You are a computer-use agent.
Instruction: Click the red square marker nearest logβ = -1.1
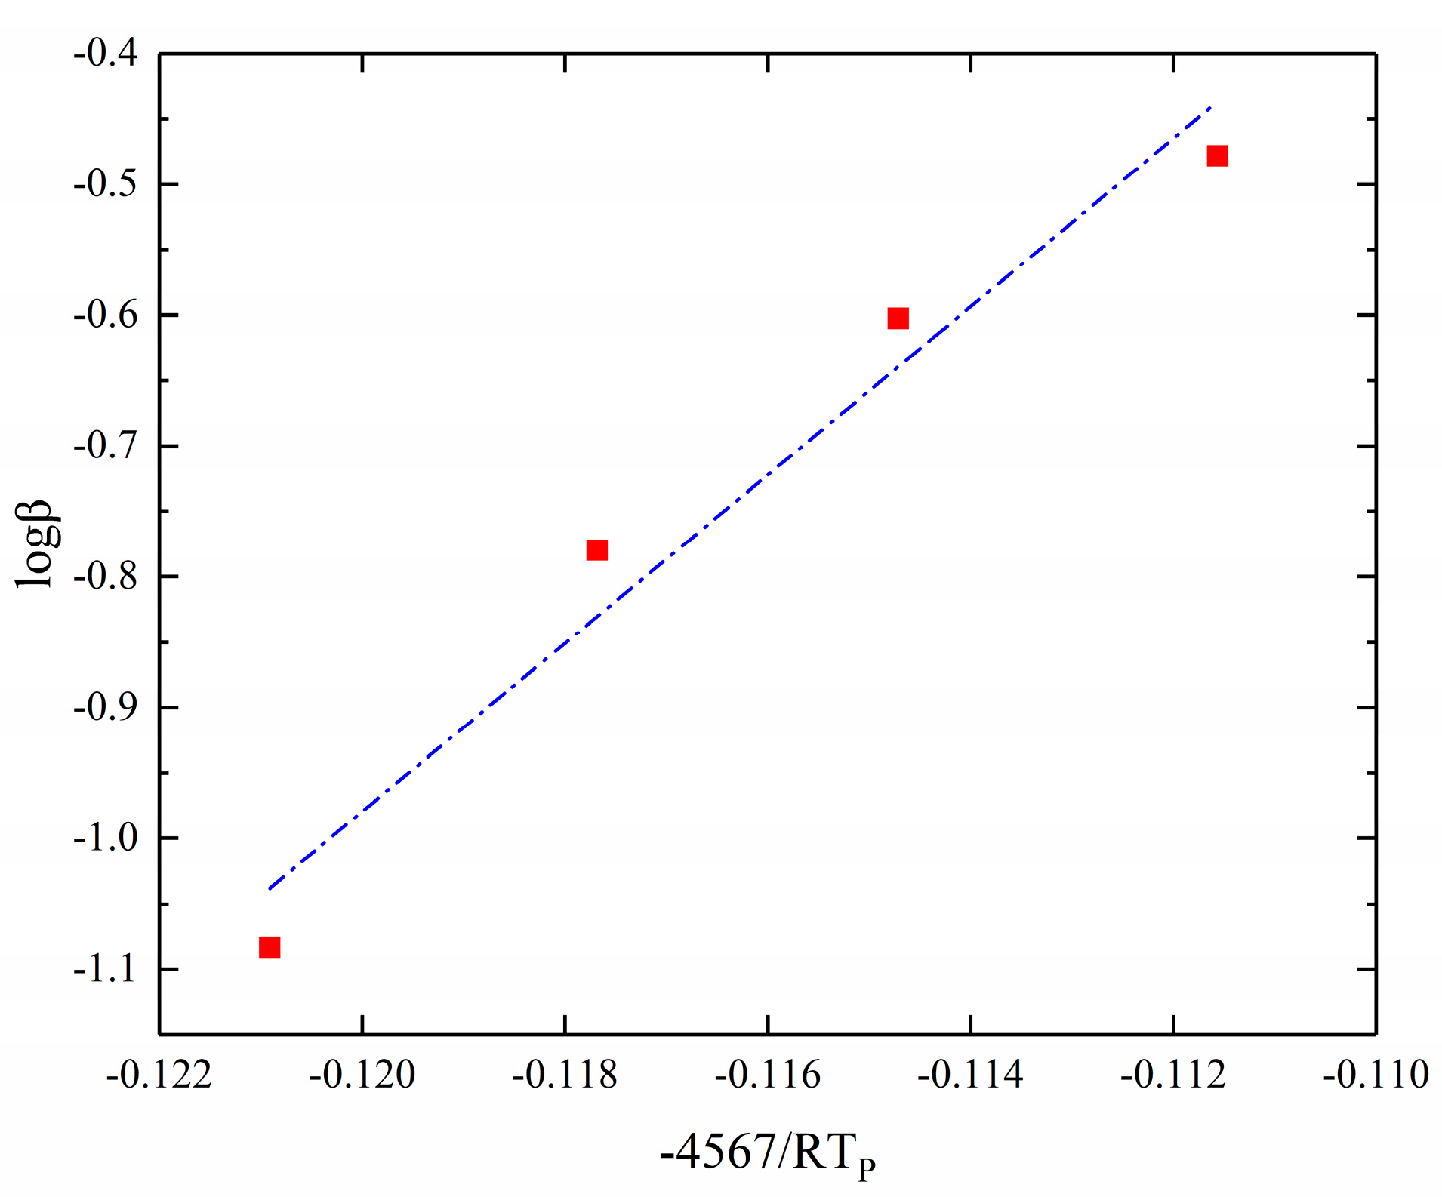tap(270, 946)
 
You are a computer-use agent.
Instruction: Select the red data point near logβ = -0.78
tap(596, 549)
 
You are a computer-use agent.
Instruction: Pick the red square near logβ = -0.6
tap(898, 318)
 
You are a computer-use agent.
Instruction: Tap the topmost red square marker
tap(1217, 155)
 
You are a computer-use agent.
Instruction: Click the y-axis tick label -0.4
tap(106, 54)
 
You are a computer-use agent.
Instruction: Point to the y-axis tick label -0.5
tap(106, 184)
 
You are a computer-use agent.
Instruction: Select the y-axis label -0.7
tap(106, 446)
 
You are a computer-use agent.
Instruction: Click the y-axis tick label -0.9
tap(106, 707)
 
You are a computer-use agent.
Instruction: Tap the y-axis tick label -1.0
tap(106, 838)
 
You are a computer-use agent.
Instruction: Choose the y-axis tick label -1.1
tap(106, 968)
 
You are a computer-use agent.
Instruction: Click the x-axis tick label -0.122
tap(159, 1074)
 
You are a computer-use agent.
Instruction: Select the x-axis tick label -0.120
tap(362, 1074)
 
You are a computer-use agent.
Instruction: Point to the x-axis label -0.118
tap(565, 1074)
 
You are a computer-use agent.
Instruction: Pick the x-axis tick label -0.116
tap(768, 1074)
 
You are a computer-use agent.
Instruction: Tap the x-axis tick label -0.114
tap(970, 1074)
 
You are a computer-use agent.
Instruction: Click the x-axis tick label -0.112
tap(1173, 1074)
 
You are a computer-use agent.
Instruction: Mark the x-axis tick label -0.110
tap(1376, 1074)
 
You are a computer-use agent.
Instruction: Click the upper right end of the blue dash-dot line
tap(1210, 108)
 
